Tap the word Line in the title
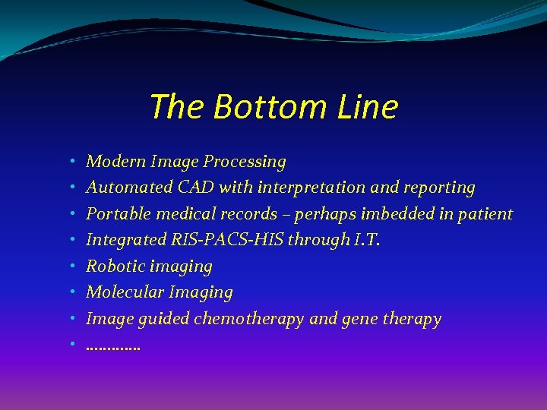tap(368, 107)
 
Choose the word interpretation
tap(315, 188)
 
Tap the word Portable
tap(115, 214)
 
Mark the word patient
tap(484, 214)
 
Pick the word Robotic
tap(115, 266)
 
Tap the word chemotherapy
tap(249, 319)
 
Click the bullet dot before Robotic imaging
tap(70, 266)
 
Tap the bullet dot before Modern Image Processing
tap(70, 162)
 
